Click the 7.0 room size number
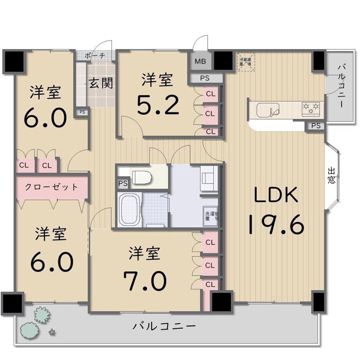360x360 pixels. click(x=145, y=280)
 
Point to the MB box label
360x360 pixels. click(x=200, y=61)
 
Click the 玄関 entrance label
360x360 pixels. click(x=101, y=83)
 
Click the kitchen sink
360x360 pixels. click(x=268, y=109)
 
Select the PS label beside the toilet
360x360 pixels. click(x=122, y=183)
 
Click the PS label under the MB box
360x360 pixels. click(x=205, y=79)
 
